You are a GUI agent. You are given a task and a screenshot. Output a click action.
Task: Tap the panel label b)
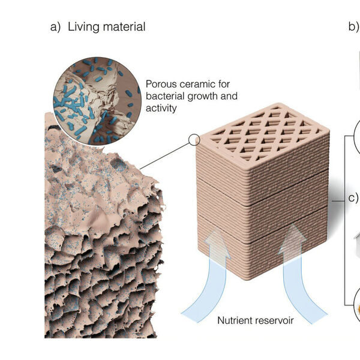click(x=353, y=27)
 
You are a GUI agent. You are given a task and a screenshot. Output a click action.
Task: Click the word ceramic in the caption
click(x=197, y=85)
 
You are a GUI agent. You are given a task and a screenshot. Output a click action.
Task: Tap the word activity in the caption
click(x=161, y=107)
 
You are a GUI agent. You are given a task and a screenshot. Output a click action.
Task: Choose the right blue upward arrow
click(x=299, y=276)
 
